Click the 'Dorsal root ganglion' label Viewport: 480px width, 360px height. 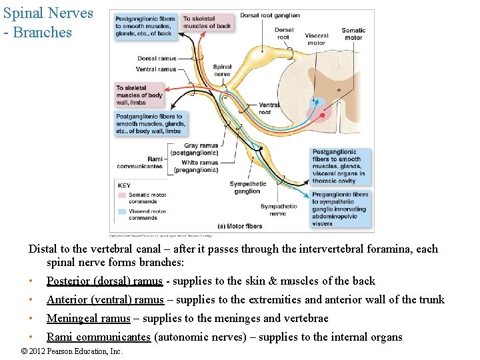270,15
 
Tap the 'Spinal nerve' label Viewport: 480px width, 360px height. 222,70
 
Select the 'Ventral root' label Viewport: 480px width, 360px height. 269,108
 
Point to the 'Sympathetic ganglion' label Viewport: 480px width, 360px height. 247,187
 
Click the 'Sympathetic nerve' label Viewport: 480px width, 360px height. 278,210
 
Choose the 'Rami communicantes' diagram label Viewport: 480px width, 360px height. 139,163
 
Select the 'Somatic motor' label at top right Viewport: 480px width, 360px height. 353,33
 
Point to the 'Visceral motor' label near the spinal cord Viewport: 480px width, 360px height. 316,39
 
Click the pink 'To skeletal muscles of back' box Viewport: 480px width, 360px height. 207,23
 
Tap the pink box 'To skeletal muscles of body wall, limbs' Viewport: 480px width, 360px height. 139,95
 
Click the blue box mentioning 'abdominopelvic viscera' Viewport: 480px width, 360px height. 340,209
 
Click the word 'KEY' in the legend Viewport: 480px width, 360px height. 123,185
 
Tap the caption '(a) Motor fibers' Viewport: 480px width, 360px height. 240,226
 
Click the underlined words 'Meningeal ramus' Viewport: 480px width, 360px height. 88,318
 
